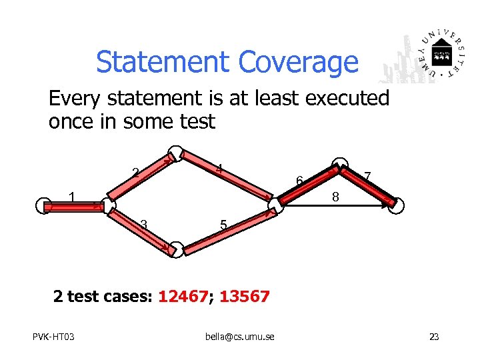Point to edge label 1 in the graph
[x=73, y=197]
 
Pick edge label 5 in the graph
[x=224, y=227]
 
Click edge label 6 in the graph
[x=300, y=181]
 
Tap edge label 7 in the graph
[x=367, y=176]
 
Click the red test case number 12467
[x=182, y=296]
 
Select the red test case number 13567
[x=244, y=296]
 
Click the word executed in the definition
[x=347, y=99]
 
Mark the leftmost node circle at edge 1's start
[x=43, y=206]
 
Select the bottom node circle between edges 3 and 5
[x=175, y=249]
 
